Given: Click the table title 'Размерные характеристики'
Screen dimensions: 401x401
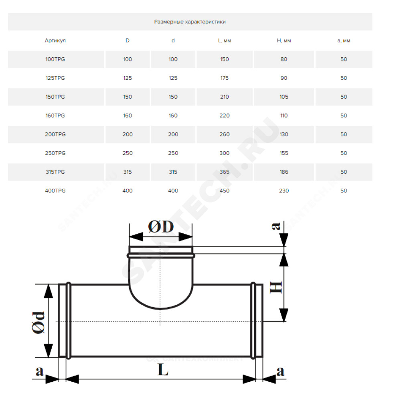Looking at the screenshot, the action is click(190, 22).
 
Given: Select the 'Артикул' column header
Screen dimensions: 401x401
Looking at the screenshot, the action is click(55, 41).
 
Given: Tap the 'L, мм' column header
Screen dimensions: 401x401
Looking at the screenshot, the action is click(224, 41).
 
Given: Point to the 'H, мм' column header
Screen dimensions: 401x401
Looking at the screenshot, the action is click(284, 41).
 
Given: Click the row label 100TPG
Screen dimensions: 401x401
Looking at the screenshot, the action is click(55, 59).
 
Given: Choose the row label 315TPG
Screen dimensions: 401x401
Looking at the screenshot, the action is click(55, 172).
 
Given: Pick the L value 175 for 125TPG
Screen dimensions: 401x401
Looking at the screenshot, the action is click(224, 78).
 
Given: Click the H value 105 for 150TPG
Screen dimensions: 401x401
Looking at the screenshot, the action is click(284, 97).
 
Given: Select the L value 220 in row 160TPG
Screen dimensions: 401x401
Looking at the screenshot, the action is click(224, 115).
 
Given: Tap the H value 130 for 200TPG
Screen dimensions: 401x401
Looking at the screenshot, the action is click(284, 134).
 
